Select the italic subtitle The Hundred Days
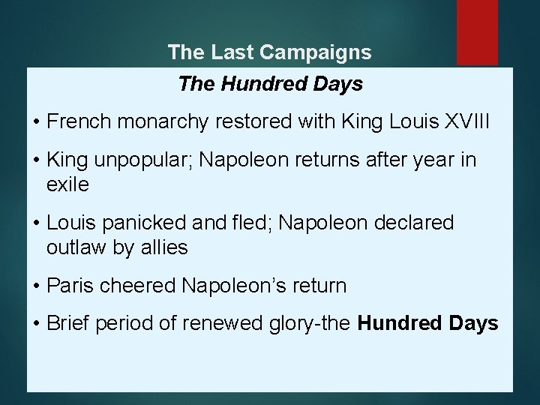[270, 84]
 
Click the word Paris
[67, 286]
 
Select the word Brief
[67, 323]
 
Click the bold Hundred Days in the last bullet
[428, 323]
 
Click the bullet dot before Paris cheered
[37, 286]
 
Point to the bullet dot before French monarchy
[37, 122]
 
